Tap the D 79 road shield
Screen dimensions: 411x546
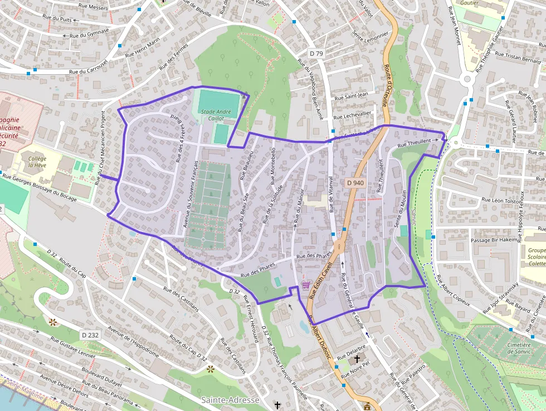pyautogui.click(x=316, y=54)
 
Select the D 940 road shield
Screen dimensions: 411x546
pyautogui.click(x=355, y=182)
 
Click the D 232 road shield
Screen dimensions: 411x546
pyautogui.click(x=90, y=335)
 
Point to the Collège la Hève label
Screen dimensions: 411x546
pyautogui.click(x=37, y=162)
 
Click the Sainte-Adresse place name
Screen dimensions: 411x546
pyautogui.click(x=230, y=400)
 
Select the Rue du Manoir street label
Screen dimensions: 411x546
pyautogui.click(x=300, y=206)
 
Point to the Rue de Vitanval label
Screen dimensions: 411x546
pyautogui.click(x=330, y=195)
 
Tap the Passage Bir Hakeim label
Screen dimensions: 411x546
pyautogui.click(x=494, y=240)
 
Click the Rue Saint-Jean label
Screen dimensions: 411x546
pyautogui.click(x=351, y=96)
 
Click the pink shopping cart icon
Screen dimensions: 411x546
pyautogui.click(x=306, y=285)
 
